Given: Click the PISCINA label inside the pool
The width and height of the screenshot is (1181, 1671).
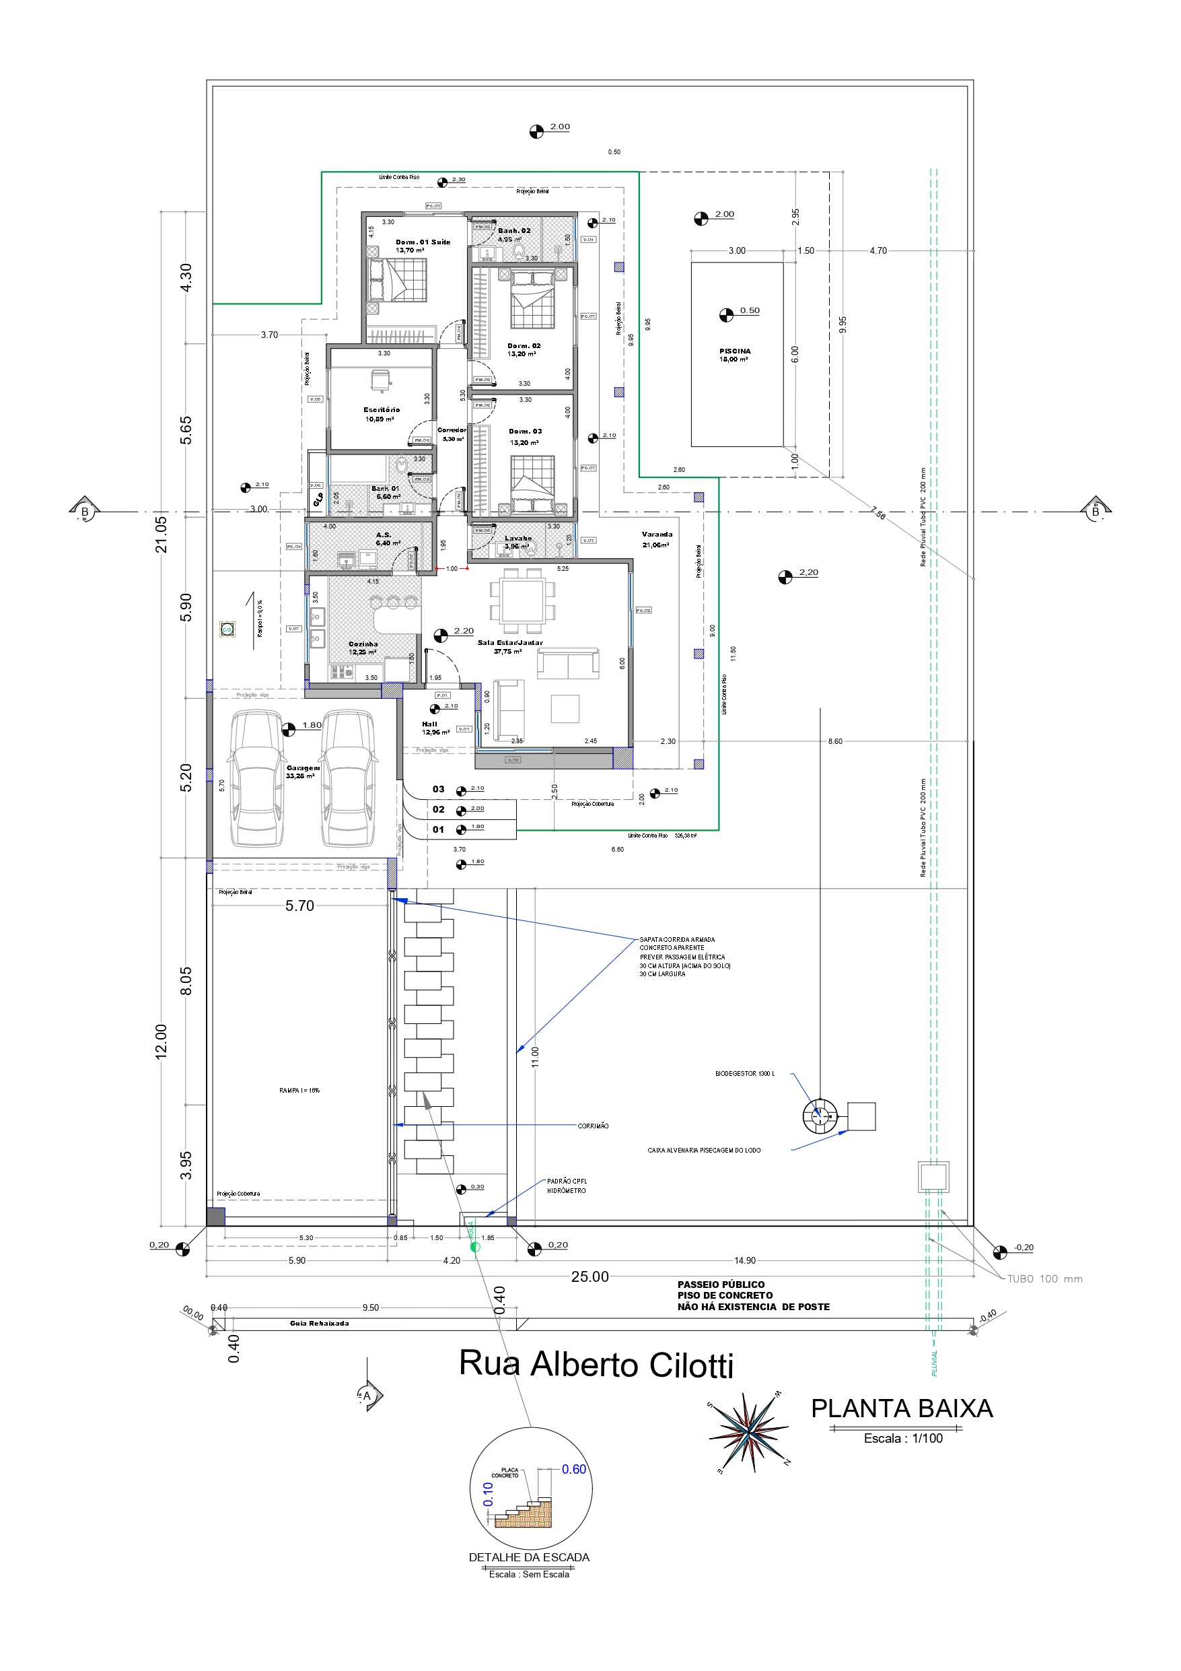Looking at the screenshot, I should (735, 351).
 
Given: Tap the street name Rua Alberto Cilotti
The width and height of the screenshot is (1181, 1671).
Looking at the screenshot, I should (596, 1365).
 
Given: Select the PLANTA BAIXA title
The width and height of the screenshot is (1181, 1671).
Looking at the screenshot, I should (902, 1409).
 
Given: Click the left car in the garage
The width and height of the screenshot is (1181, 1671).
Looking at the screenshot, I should (256, 779).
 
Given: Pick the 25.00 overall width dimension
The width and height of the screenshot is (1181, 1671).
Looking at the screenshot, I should (589, 1277).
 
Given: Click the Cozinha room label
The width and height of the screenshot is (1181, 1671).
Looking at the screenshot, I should (363, 644).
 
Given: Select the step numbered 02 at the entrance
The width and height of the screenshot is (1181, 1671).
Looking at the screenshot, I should (438, 809).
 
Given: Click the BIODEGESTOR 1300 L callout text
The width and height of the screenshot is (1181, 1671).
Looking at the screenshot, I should (744, 1073).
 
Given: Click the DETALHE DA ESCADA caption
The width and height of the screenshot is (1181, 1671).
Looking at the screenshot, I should (529, 1557).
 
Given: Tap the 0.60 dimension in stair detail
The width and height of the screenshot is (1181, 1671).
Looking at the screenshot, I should (573, 1470).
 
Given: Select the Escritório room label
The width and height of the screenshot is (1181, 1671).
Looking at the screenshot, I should (382, 410).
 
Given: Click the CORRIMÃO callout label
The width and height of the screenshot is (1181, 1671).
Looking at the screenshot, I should (593, 1126).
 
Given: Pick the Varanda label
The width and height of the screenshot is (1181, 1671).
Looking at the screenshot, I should (656, 534).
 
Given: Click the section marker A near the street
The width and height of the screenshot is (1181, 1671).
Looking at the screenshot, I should (368, 1396).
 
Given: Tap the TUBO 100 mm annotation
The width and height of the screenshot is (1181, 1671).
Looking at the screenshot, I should (1044, 1278).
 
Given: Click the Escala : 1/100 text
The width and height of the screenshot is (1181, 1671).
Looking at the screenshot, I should (903, 1438).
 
